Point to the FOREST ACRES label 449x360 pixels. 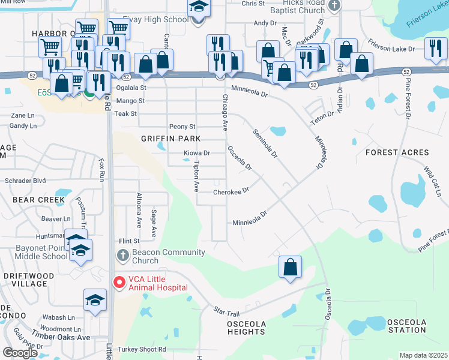pyautogui.click(x=396, y=153)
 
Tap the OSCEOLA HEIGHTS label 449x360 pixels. pyautogui.click(x=246, y=328)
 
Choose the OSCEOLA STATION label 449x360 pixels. pyautogui.click(x=406, y=326)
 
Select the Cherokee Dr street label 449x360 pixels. pyautogui.click(x=231, y=193)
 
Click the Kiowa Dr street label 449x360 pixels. pyautogui.click(x=196, y=153)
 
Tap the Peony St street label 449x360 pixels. pyautogui.click(x=182, y=127)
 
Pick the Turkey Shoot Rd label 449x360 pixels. pyautogui.click(x=141, y=349)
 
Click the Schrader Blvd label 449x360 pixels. pyautogui.click(x=25, y=180)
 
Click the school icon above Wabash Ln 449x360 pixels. pyautogui.click(x=95, y=301)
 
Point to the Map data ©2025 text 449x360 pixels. pyautogui.click(x=423, y=355)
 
